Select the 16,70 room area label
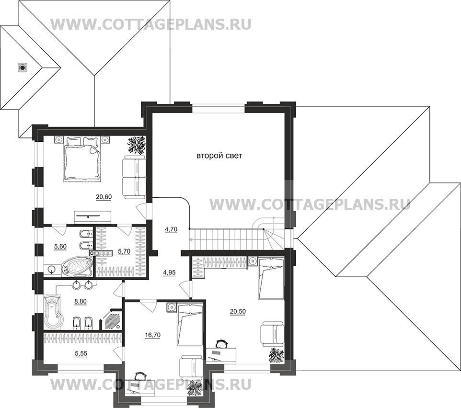[x=152, y=335]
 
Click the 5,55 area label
[x=81, y=354]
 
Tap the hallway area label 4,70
[x=171, y=229]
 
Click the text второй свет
[x=219, y=156]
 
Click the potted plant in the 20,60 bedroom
[x=137, y=145]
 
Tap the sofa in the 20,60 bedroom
[x=134, y=177]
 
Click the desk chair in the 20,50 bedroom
[x=221, y=344]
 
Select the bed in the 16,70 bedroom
[x=190, y=326]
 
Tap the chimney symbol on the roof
[x=22, y=68]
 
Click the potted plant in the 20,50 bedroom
[x=276, y=355]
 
